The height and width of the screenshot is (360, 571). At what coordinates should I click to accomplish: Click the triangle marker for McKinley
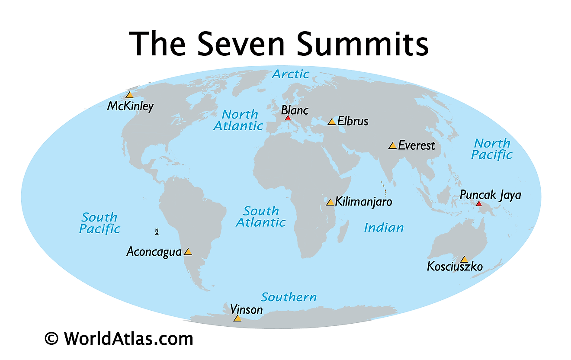[x=129, y=95]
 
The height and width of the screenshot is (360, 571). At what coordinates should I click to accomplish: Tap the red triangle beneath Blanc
[x=288, y=118]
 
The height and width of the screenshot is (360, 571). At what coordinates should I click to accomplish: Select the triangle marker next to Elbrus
[x=332, y=122]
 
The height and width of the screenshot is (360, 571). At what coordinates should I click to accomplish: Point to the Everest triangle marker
[x=392, y=146]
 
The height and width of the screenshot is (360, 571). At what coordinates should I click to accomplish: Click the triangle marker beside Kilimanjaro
[x=330, y=202]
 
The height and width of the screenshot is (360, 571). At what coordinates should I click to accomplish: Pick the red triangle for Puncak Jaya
[x=478, y=204]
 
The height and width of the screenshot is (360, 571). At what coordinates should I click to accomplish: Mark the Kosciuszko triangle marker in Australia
[x=464, y=260]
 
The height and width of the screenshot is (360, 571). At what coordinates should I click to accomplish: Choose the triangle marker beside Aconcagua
[x=188, y=252]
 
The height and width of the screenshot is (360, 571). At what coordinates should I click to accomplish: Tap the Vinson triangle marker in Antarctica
[x=237, y=318]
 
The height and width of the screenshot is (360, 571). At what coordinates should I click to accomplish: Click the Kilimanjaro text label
[x=363, y=202]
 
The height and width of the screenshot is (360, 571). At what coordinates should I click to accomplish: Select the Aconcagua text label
[x=154, y=251]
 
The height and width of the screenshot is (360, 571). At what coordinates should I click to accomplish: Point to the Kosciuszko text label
[x=455, y=266]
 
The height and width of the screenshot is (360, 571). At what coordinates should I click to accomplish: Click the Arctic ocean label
[x=290, y=74]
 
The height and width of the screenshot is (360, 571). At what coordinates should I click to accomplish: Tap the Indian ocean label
[x=384, y=228]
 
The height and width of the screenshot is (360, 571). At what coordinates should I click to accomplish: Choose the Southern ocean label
[x=289, y=297]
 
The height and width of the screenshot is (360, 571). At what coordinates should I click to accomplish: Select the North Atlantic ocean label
[x=239, y=120]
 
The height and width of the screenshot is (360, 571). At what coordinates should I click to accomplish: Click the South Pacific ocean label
[x=99, y=223]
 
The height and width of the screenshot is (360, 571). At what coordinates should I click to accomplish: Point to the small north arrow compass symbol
[x=157, y=232]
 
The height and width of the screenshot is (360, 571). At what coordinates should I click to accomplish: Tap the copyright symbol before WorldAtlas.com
[x=51, y=338]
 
